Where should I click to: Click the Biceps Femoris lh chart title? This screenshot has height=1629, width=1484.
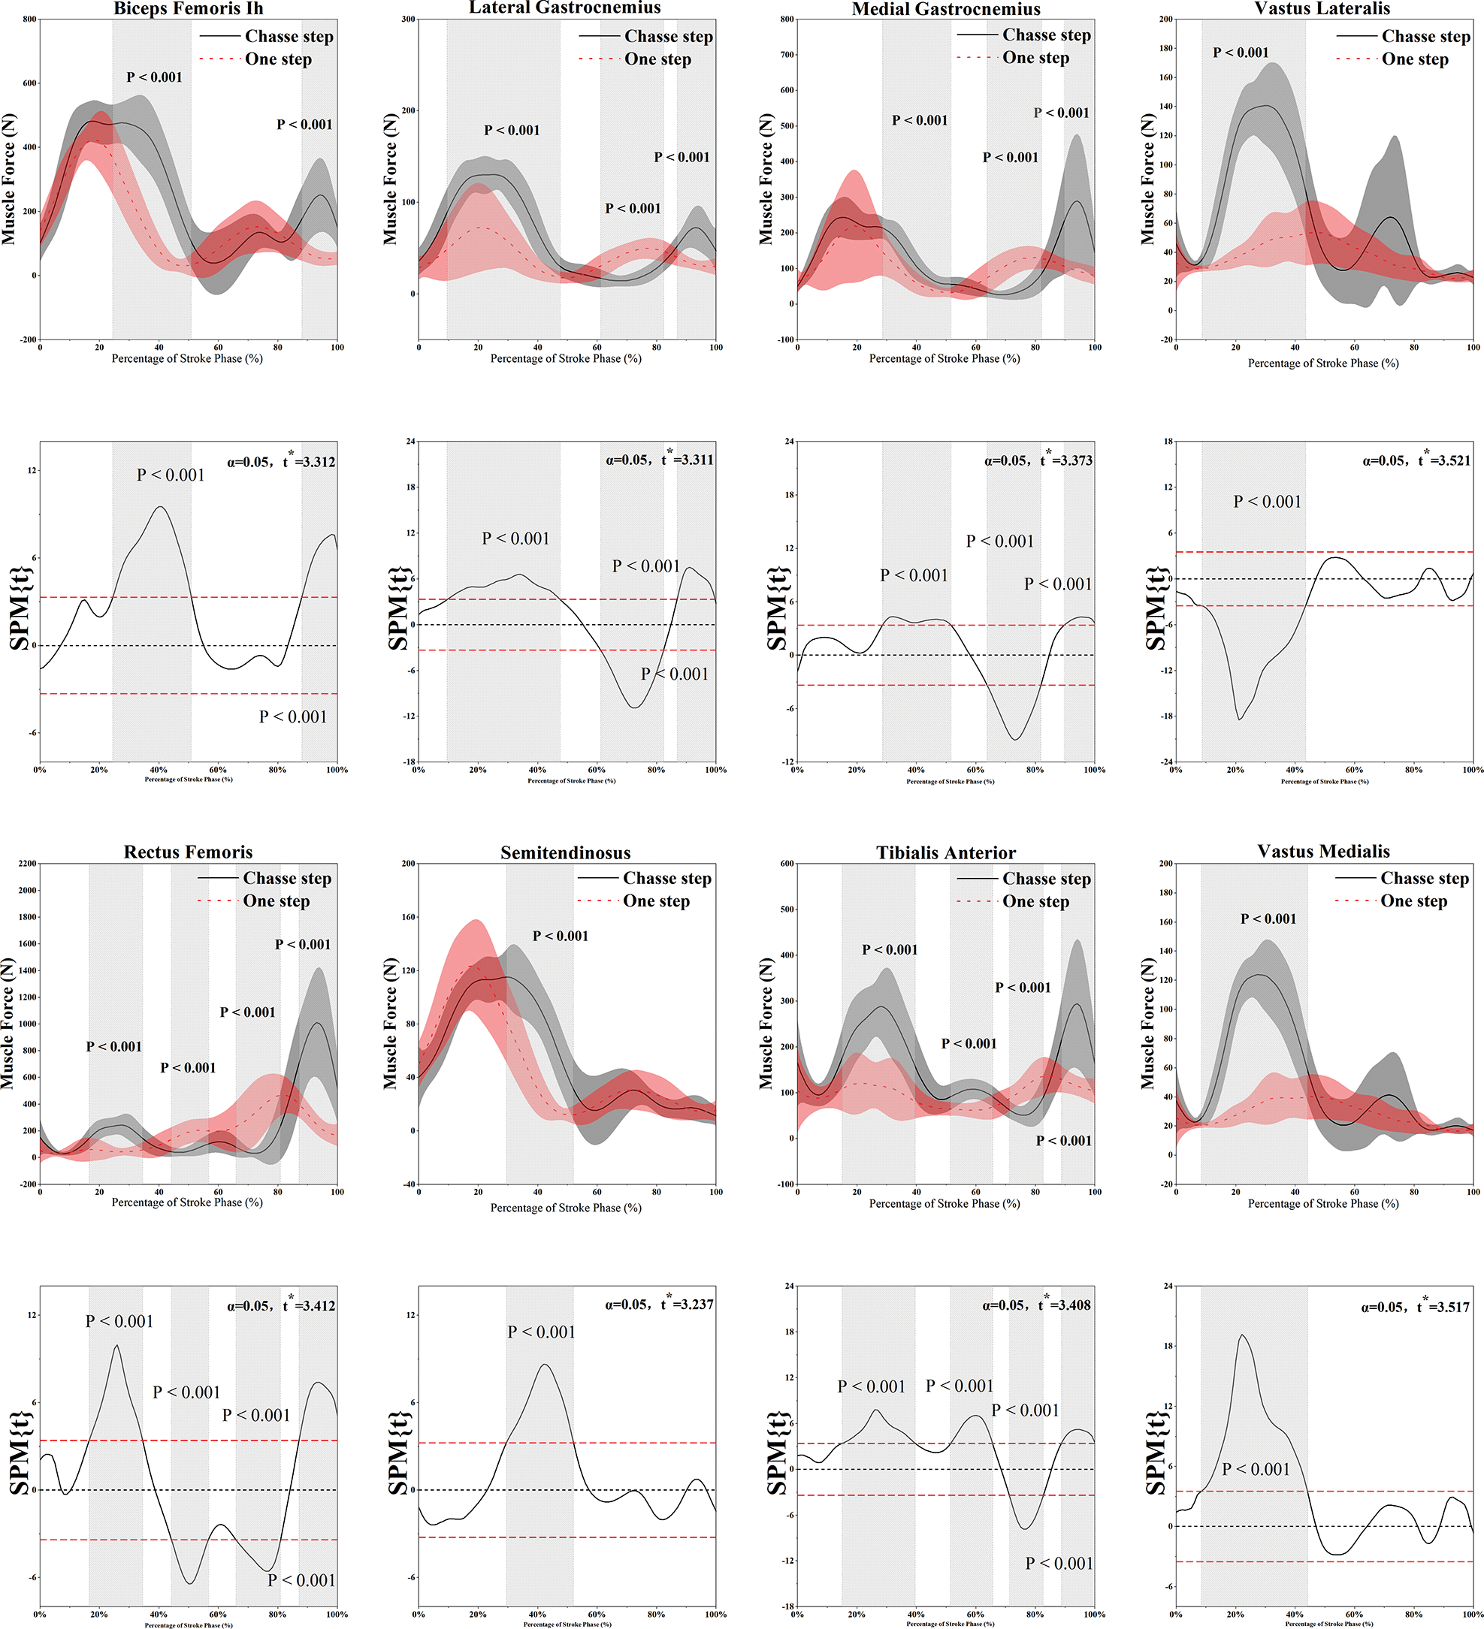point(188,9)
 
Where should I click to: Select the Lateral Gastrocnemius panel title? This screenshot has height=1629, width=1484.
point(565,8)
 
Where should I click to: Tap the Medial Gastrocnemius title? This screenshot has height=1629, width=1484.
point(946,9)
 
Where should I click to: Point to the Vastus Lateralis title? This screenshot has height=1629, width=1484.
point(1322,8)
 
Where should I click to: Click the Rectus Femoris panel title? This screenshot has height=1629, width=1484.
point(188,852)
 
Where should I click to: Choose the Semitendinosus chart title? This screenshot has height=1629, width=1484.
point(565,852)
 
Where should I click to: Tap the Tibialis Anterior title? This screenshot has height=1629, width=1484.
point(946,852)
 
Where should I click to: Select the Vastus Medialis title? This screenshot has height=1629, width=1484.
point(1323,851)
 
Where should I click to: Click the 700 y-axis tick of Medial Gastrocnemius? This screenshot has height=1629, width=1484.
point(786,55)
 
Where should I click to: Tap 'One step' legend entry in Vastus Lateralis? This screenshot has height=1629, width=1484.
point(1414,59)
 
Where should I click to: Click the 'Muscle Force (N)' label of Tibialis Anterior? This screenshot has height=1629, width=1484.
point(766,1024)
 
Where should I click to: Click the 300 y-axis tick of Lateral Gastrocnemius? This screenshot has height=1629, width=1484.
point(409,20)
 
